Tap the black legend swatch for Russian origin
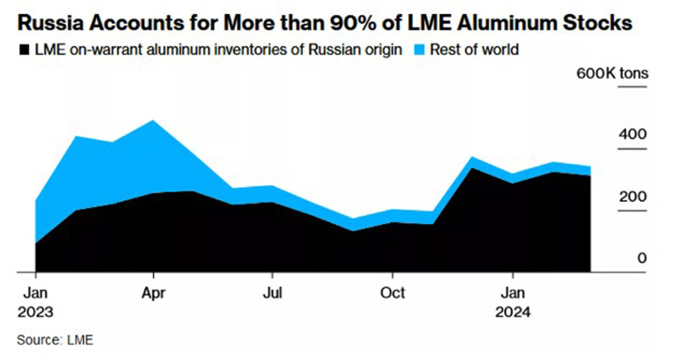(x=24, y=50)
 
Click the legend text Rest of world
(x=479, y=50)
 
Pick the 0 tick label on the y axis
(x=640, y=258)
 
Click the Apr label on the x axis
(x=154, y=291)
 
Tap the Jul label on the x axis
(x=273, y=291)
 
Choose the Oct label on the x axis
(x=393, y=291)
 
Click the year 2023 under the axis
(x=36, y=311)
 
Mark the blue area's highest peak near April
(x=154, y=121)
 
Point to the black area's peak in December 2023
(x=472, y=168)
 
